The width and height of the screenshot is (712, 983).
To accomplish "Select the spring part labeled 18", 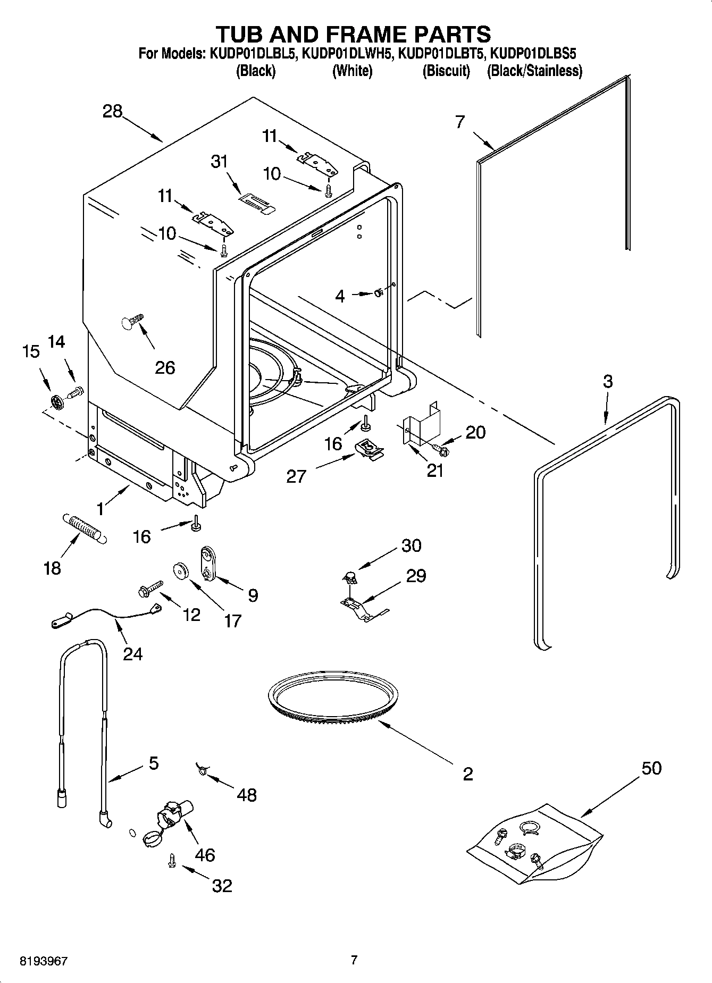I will [x=85, y=527].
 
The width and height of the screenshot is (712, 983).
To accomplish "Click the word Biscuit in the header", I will [x=446, y=71].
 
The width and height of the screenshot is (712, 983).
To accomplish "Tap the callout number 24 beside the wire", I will [x=132, y=653].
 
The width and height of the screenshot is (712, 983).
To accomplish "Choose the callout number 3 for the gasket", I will [x=607, y=381].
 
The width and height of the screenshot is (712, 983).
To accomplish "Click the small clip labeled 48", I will [x=201, y=768].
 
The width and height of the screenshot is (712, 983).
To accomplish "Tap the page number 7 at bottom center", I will [x=354, y=960].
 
